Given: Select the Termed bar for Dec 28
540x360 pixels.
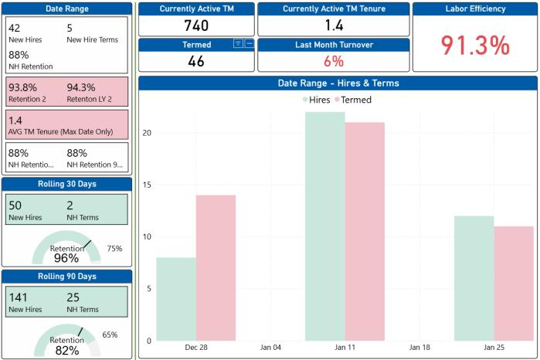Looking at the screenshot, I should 216,267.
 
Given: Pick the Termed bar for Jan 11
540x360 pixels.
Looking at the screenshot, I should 365,231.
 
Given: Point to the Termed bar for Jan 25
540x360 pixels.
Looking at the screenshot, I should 514,284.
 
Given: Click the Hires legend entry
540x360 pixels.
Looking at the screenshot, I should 317,100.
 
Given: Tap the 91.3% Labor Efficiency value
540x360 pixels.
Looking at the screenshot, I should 476,46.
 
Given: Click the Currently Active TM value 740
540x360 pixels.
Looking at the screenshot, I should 196,25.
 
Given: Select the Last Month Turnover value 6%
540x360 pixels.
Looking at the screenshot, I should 334,61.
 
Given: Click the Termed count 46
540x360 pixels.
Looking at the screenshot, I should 196,61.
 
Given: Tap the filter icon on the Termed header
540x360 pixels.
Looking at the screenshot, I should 238,44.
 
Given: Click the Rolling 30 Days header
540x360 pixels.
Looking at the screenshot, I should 67,183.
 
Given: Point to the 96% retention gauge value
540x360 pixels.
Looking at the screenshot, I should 66,258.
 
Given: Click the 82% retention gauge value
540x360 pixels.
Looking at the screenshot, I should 66,351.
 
